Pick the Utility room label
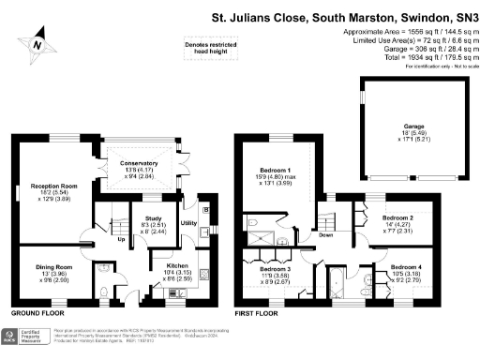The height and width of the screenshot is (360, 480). click(188, 223)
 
